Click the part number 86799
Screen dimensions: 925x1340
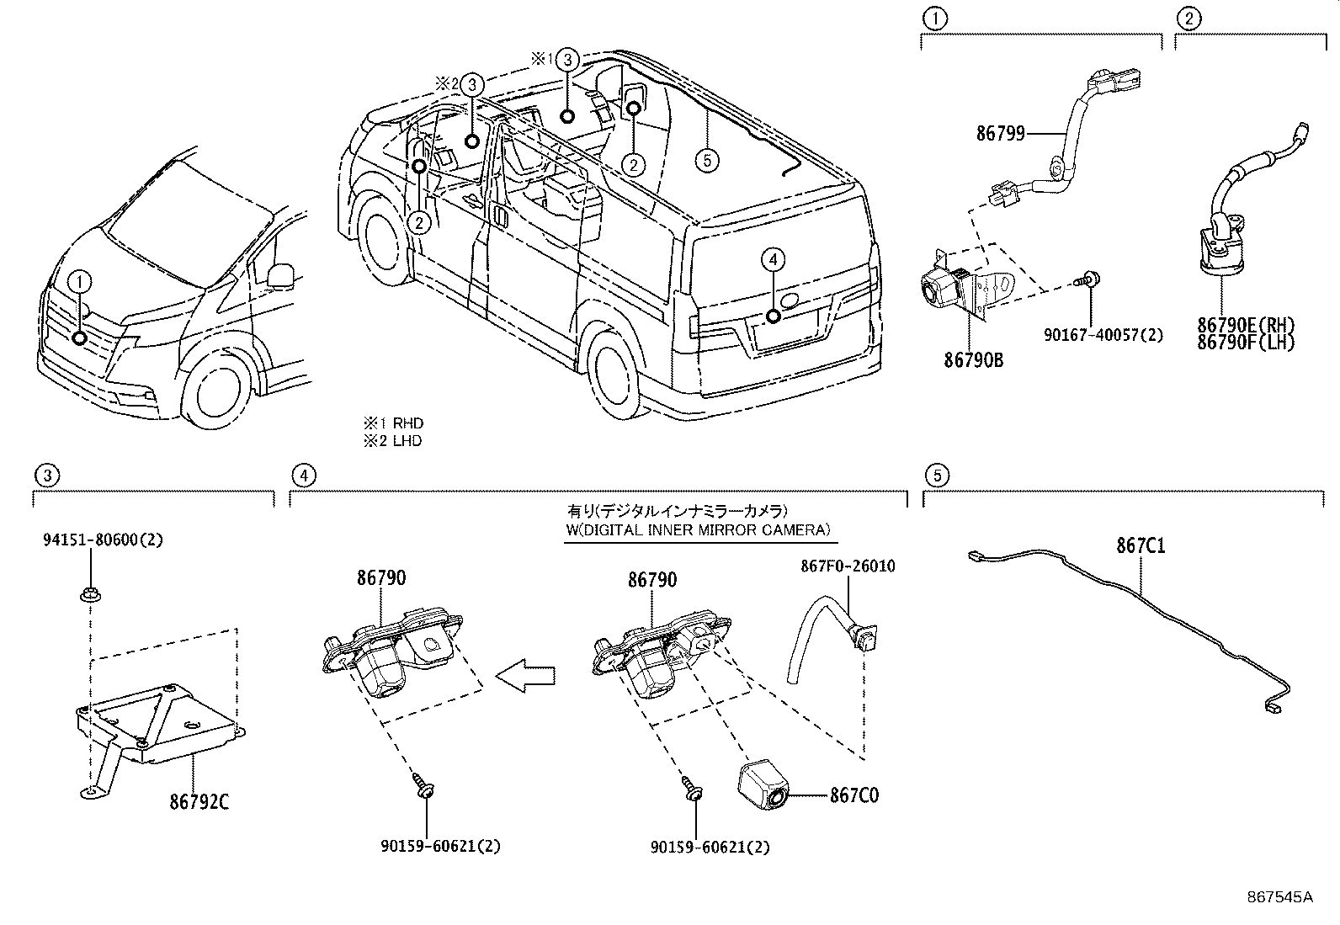(x=1000, y=133)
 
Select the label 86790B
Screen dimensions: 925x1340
(x=973, y=360)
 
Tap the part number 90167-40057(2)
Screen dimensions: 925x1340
(x=1103, y=335)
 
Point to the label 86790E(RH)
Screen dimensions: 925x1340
(x=1247, y=326)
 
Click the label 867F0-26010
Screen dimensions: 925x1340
(x=847, y=566)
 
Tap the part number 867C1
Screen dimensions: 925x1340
(x=1141, y=545)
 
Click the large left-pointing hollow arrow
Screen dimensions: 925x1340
(x=525, y=675)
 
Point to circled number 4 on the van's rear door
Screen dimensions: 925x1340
(x=773, y=260)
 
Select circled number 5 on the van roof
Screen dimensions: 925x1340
(x=708, y=159)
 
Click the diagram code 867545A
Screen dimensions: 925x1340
(x=1279, y=896)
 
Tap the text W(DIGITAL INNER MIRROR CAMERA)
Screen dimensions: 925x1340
(x=697, y=529)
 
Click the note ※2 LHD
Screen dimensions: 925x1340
(x=392, y=441)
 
